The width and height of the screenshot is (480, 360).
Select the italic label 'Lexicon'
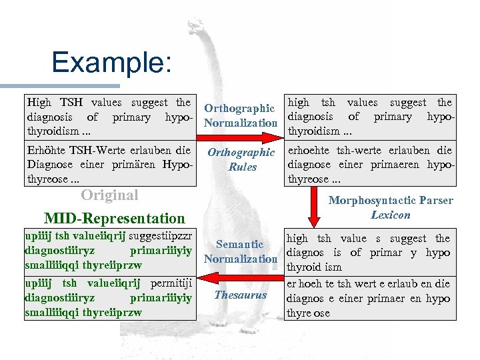(x=390, y=215)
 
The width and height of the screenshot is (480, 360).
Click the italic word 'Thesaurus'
(x=240, y=295)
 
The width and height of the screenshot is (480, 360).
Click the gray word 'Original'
(x=109, y=195)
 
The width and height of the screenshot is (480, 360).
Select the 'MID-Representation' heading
(x=114, y=218)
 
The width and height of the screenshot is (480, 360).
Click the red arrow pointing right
(x=240, y=138)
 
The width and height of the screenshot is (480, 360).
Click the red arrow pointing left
(x=240, y=274)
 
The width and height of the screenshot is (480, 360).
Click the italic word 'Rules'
(x=242, y=167)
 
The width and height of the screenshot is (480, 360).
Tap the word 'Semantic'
(x=239, y=245)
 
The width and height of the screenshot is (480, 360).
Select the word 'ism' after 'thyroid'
(x=333, y=267)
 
